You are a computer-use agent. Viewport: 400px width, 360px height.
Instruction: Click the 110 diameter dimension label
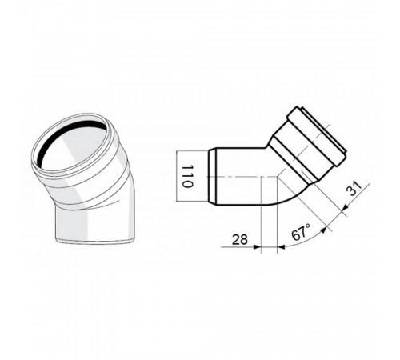(187, 176)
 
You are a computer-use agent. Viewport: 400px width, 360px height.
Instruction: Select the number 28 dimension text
(240, 239)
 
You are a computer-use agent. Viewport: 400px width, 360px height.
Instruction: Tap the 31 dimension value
(354, 188)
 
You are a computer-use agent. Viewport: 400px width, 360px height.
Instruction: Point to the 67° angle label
(301, 232)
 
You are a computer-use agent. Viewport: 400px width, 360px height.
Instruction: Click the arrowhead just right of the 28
(257, 247)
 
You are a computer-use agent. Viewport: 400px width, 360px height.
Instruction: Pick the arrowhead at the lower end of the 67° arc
(281, 247)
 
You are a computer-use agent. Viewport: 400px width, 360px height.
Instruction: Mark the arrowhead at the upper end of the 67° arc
(323, 230)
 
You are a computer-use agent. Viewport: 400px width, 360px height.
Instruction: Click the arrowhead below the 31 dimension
(345, 207)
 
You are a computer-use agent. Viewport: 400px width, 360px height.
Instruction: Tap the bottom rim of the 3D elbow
(94, 241)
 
